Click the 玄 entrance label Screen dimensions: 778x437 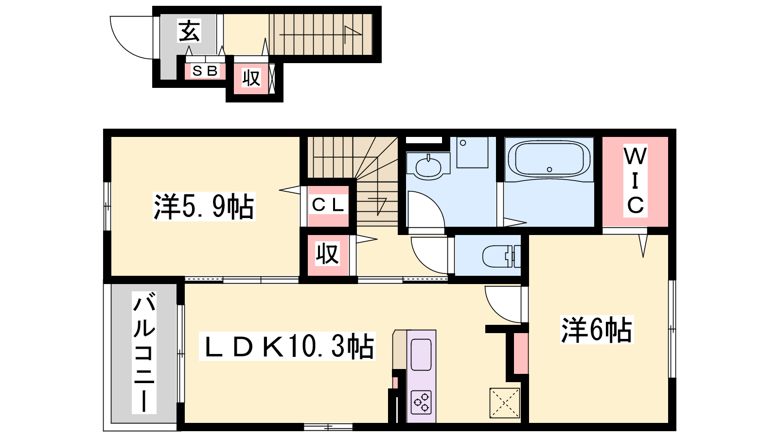click(x=189, y=31)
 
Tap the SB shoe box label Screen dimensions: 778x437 click(x=205, y=71)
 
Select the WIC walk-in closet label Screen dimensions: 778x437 click(x=635, y=180)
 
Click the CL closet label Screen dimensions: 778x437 click(x=328, y=205)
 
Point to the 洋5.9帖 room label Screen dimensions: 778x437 click(x=204, y=206)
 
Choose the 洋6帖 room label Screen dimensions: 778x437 click(x=597, y=330)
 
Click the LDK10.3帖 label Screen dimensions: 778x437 click(x=287, y=346)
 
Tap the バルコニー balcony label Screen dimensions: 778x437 click(x=144, y=353)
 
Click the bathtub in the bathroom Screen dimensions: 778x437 click(x=549, y=160)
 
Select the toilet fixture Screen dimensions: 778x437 click(x=501, y=256)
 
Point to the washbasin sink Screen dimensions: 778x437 click(x=428, y=167)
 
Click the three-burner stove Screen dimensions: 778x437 click(x=421, y=403)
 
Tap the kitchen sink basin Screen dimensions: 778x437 click(x=421, y=354)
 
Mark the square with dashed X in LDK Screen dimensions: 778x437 click(x=505, y=403)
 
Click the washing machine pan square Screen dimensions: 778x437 click(x=472, y=152)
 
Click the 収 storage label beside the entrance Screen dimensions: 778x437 click(x=251, y=78)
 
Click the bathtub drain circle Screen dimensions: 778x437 click(x=549, y=169)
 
